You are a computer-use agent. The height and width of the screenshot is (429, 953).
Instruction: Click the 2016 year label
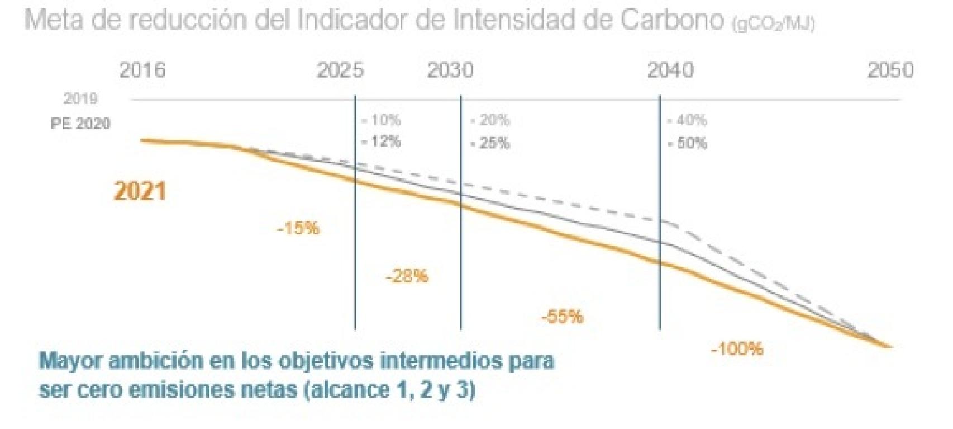pos(142,70)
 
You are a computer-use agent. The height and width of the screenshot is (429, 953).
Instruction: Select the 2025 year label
pos(340,70)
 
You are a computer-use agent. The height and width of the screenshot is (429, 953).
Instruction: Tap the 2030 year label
pos(450,70)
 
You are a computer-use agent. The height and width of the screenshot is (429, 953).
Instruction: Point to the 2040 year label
pos(670,70)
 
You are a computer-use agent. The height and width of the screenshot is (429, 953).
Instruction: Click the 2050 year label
pos(890,70)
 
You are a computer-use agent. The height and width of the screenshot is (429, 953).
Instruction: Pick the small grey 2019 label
pos(80,99)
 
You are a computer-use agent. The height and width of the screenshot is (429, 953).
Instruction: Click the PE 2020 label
pos(80,124)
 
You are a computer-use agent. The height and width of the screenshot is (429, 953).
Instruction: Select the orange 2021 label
pos(140,191)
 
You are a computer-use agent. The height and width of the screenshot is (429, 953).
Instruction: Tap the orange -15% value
pos(298,228)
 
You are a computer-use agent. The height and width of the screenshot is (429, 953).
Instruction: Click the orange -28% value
pos(407,276)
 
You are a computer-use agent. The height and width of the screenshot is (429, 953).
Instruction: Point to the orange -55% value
pos(562,317)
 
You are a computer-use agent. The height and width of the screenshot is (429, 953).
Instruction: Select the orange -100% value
pos(737,349)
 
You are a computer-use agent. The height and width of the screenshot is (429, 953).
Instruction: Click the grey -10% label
pos(381,120)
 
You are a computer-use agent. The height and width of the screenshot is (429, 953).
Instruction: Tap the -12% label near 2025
pos(381,142)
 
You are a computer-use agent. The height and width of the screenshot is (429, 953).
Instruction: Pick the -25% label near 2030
pos(490,143)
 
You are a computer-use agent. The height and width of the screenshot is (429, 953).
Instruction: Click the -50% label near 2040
pos(688,143)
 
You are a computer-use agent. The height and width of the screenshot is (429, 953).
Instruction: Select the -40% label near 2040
pos(688,120)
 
